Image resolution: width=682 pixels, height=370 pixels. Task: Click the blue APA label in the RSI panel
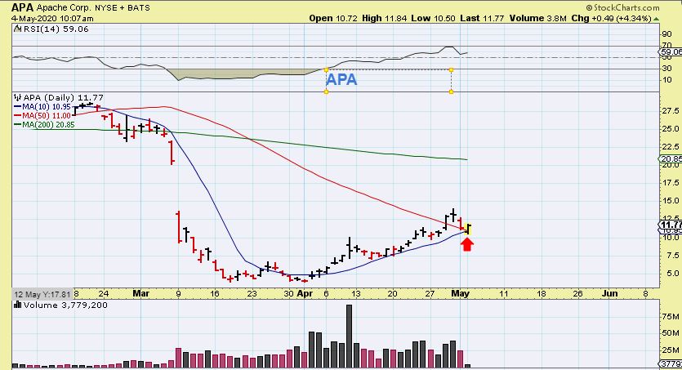click(341, 80)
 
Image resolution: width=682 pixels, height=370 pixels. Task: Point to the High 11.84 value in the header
click(383, 18)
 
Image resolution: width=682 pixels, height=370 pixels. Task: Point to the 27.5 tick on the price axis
click(669, 110)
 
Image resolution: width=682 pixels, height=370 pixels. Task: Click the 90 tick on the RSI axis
click(666, 34)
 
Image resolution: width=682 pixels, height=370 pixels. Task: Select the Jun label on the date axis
click(609, 292)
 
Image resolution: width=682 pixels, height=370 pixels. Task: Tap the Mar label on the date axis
click(140, 292)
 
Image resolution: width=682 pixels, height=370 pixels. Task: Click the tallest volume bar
click(350, 335)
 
